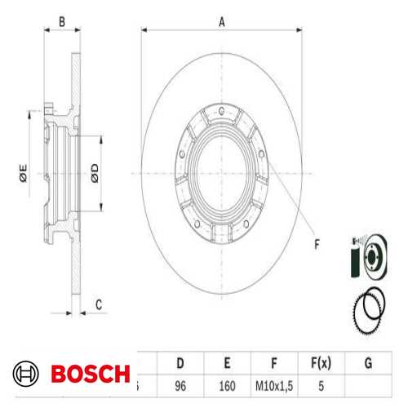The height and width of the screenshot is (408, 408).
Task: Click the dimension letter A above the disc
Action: pos(221,22)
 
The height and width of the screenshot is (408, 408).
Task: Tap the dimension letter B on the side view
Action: pos(62,22)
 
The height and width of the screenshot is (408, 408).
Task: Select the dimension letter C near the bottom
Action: pos(98,305)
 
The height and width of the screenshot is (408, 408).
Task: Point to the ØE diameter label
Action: pos(24,172)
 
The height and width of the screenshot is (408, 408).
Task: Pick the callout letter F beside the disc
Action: pos(317,242)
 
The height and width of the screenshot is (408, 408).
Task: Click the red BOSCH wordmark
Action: pos(90,374)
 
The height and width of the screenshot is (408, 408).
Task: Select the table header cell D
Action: pos(180,361)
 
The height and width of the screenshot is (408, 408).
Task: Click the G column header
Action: pos(368,361)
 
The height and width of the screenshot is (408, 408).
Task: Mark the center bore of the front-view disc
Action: pos(222,171)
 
